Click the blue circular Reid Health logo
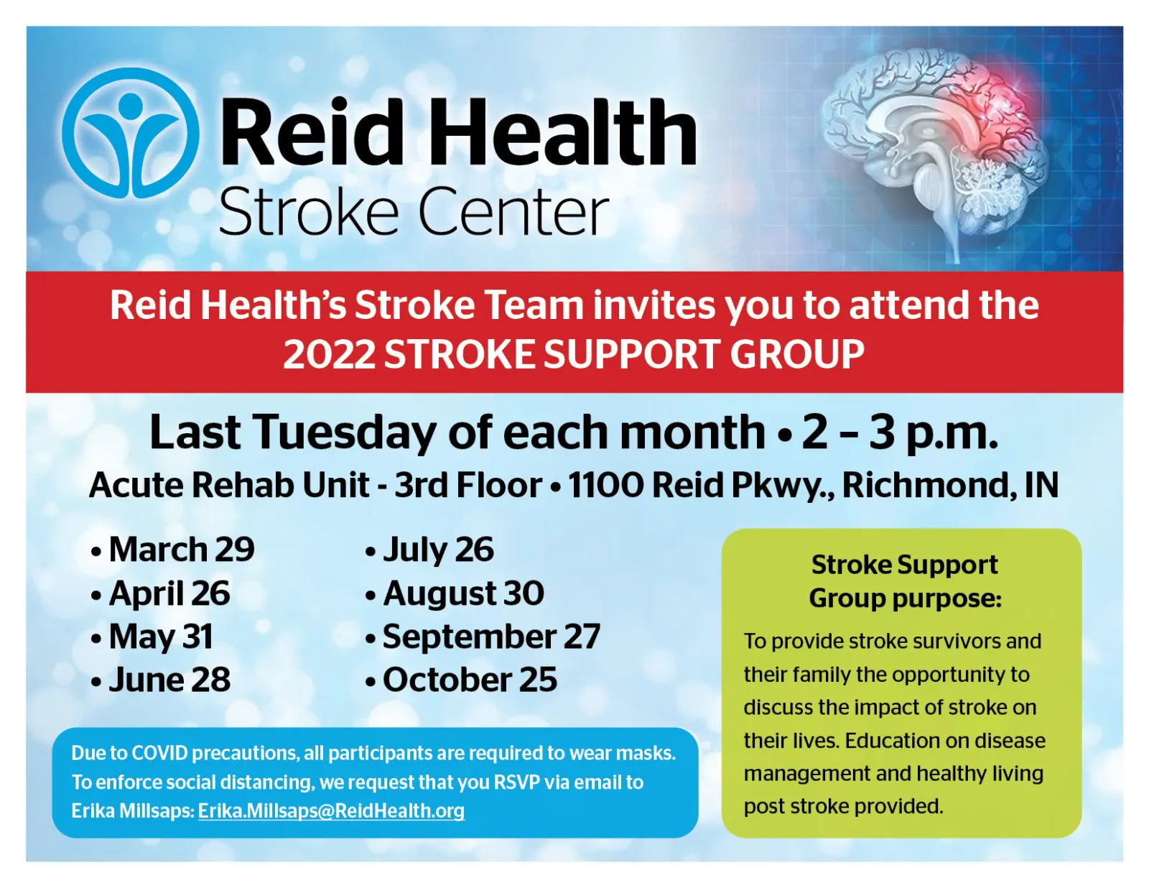(x=130, y=134)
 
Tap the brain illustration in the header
(x=935, y=153)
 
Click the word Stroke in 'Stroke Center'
(x=309, y=211)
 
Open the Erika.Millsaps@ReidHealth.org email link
(x=332, y=811)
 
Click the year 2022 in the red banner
(x=329, y=354)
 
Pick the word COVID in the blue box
(x=159, y=753)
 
